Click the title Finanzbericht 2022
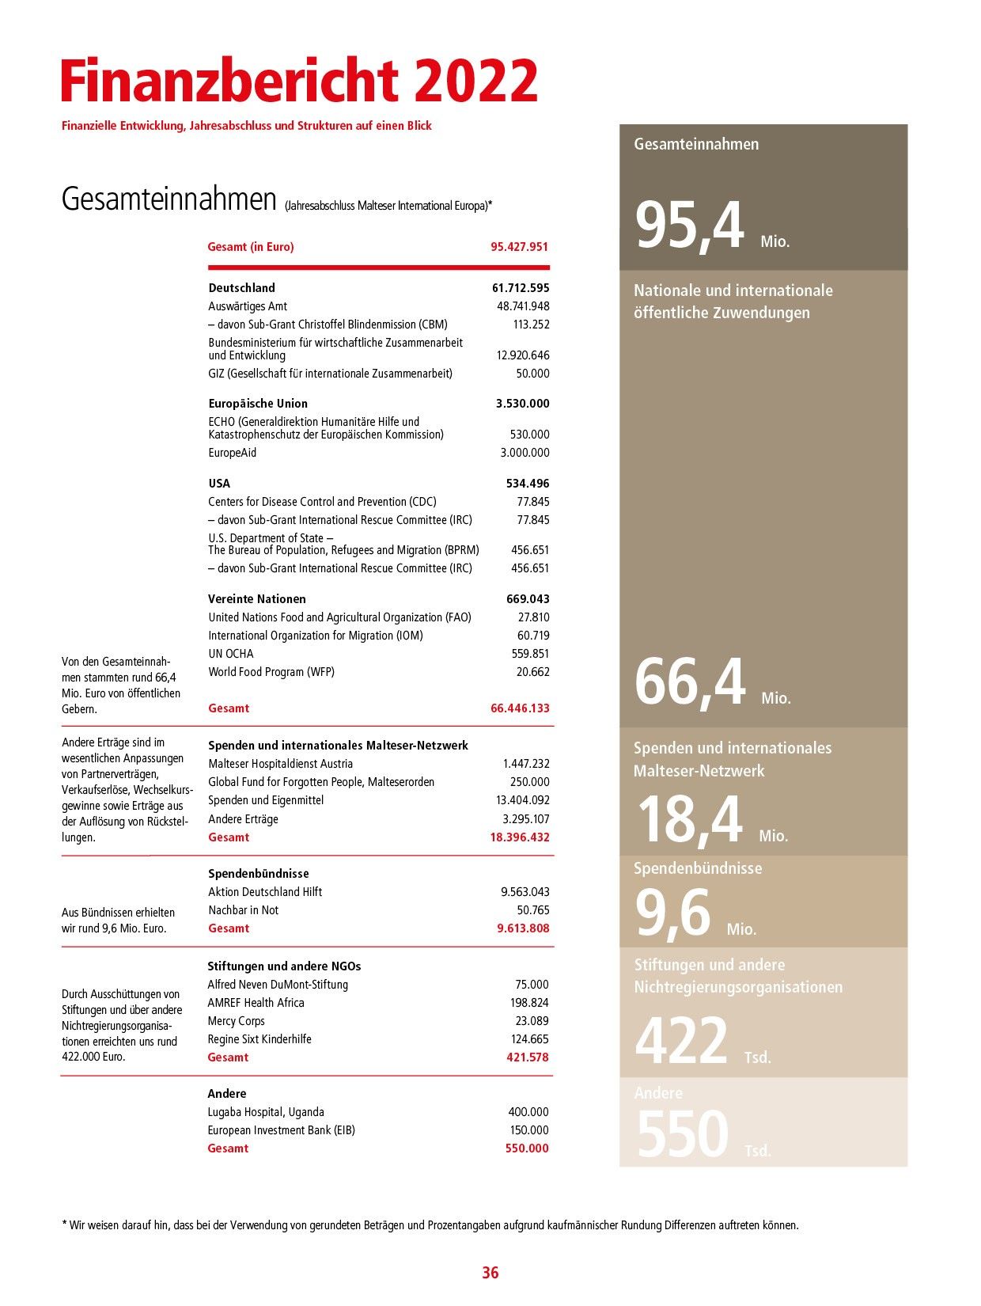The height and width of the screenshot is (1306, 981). click(299, 81)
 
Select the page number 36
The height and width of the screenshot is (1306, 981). click(490, 1273)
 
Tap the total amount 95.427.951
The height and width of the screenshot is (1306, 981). click(519, 247)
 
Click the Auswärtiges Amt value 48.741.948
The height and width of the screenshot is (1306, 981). click(523, 306)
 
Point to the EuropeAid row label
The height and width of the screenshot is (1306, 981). click(233, 453)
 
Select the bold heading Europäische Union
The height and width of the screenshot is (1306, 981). click(258, 404)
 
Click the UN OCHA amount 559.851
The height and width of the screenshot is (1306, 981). click(530, 654)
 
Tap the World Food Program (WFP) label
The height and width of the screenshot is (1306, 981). click(271, 672)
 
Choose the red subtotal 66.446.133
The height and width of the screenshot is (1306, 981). click(520, 708)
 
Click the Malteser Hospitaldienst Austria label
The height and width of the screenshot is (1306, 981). click(281, 764)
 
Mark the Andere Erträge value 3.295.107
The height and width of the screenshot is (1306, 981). click(526, 819)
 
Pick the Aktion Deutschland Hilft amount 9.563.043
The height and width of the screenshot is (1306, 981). click(525, 892)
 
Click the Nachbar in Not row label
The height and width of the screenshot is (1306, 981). click(244, 910)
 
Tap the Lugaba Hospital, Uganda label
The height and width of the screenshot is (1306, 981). click(266, 1112)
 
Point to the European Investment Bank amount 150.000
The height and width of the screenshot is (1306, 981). click(528, 1130)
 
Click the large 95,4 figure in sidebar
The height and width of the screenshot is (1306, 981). click(690, 228)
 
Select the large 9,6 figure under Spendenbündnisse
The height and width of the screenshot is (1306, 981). click(673, 913)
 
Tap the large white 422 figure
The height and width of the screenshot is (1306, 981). click(681, 1041)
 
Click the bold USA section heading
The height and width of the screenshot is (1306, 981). click(219, 484)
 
